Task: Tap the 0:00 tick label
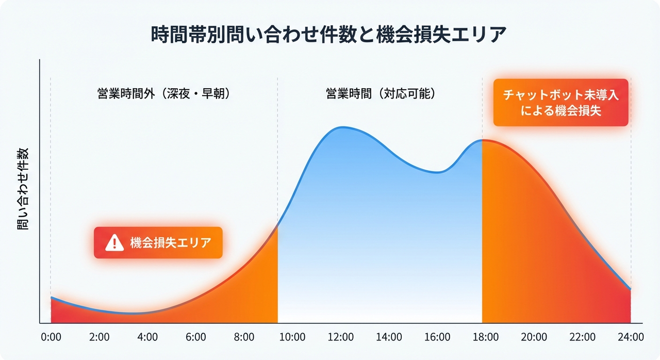(51, 337)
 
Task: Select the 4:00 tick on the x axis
(147, 337)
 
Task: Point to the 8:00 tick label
(244, 337)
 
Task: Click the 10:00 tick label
(292, 337)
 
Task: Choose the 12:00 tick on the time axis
(341, 337)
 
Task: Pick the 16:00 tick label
(437, 337)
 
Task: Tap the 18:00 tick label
(486, 337)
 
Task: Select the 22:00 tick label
(583, 337)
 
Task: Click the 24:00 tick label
(631, 337)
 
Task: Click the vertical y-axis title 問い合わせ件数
(23, 189)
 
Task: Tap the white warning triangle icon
(114, 242)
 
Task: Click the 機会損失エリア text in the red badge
(171, 242)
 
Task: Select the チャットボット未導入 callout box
(560, 103)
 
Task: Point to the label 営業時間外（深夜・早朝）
(163, 95)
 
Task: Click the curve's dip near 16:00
(437, 172)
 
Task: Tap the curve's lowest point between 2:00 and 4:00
(133, 313)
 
